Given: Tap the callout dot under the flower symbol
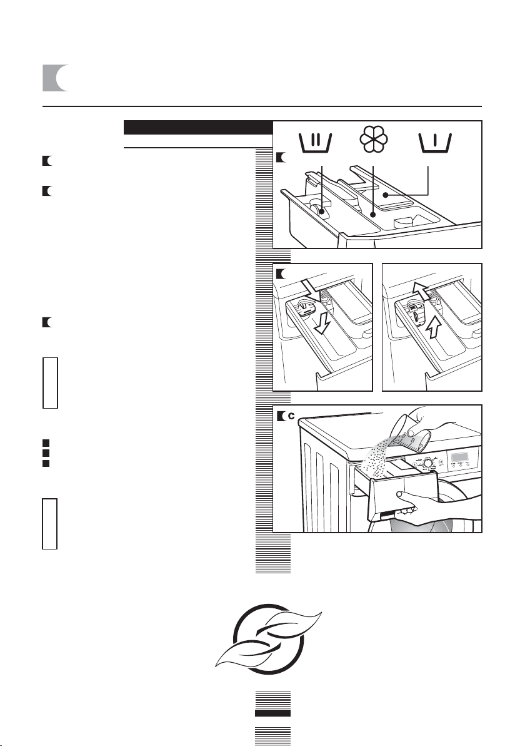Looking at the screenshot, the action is click(373, 215).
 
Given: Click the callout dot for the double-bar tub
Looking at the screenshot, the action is click(322, 213).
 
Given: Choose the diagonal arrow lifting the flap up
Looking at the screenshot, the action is click(423, 289).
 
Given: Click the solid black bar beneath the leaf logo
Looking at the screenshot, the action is click(272, 713).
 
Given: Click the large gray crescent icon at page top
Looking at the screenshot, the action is click(56, 78).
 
